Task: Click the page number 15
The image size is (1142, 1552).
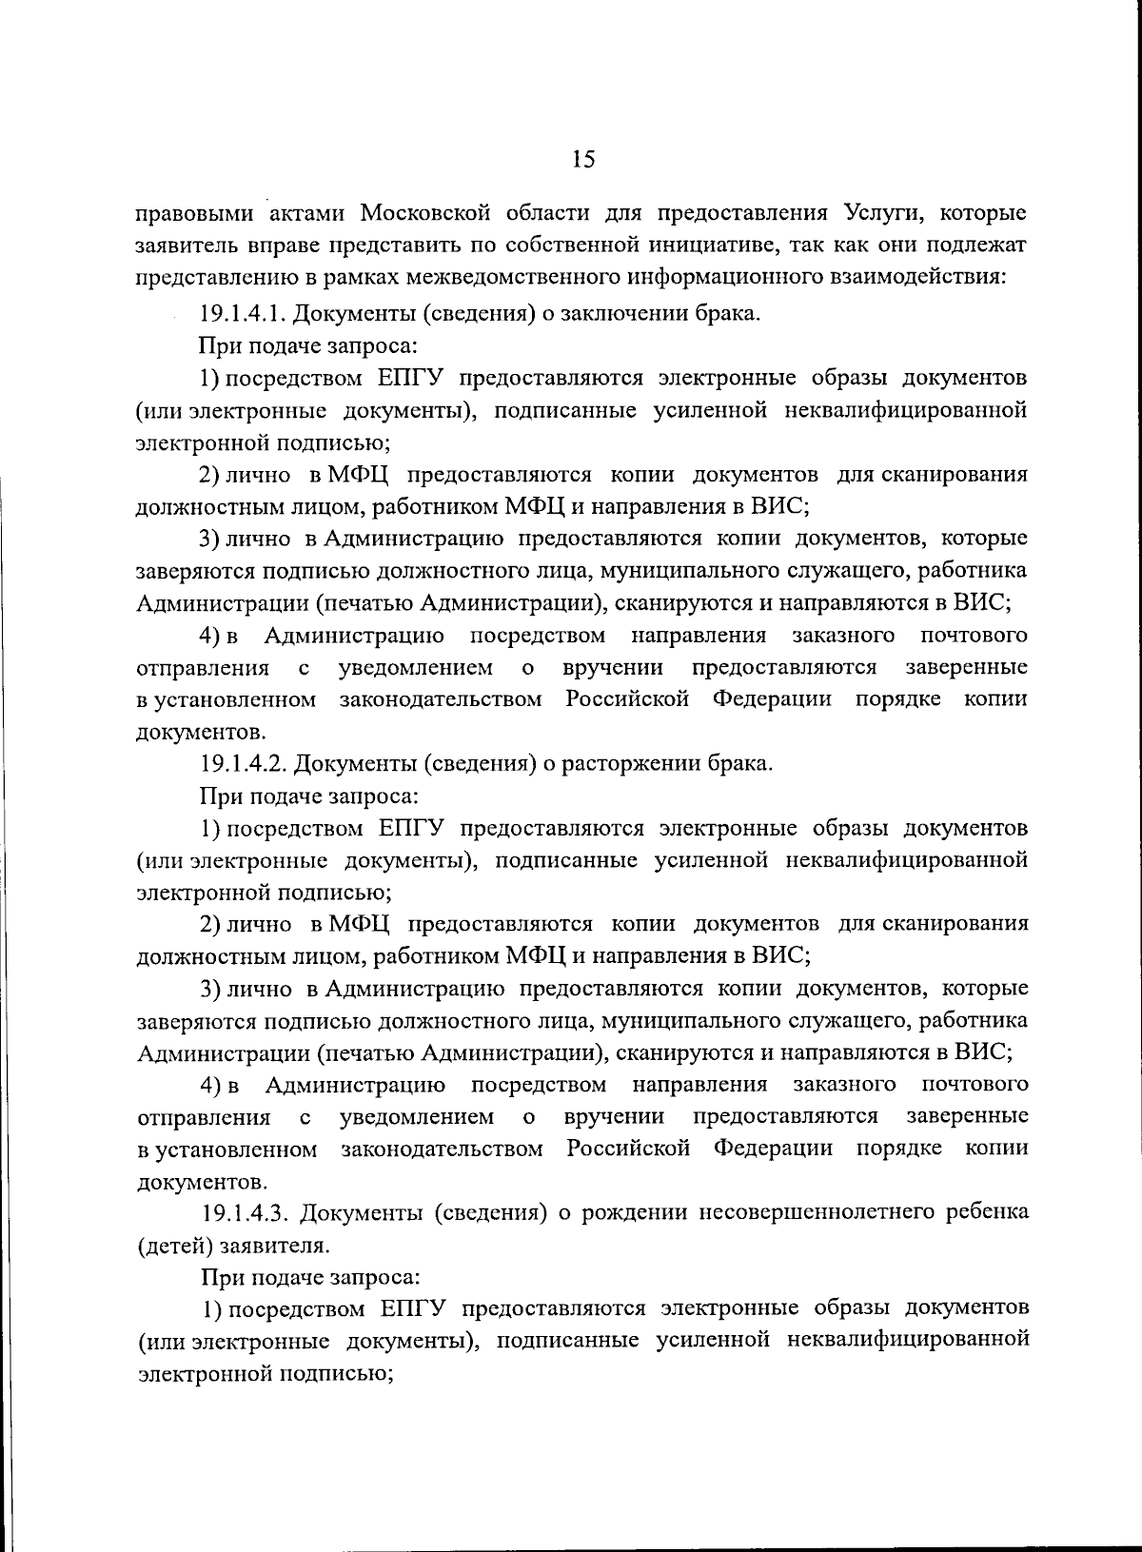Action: point(582,160)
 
